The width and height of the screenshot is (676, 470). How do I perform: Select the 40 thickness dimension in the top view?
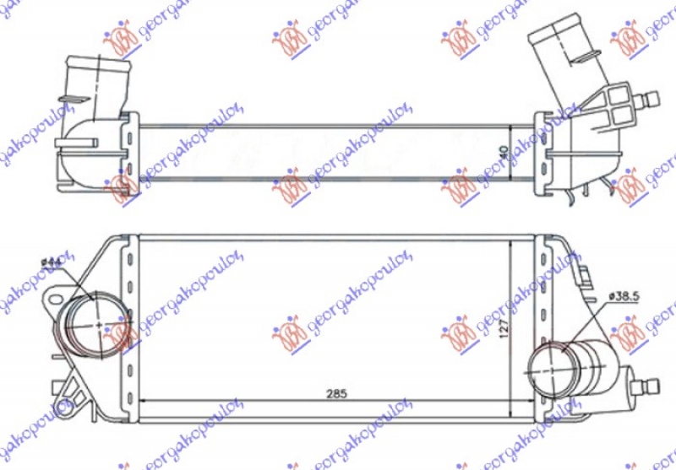click(x=504, y=153)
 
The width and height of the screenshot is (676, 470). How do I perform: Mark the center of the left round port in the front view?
click(x=99, y=324)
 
